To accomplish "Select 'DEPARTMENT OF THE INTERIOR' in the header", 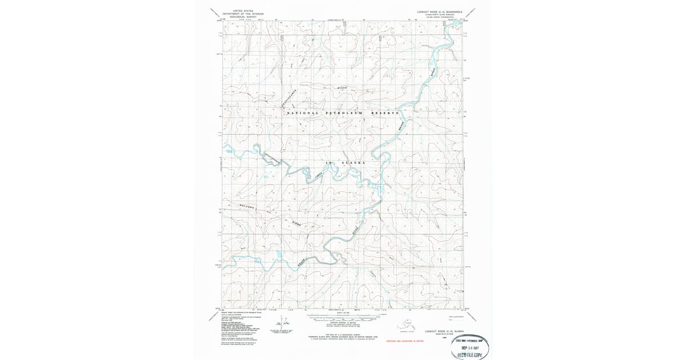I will point(243,14).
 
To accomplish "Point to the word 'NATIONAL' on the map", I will point(302,113).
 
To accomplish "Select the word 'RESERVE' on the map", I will point(384,113).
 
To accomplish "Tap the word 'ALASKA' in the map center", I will point(353,163).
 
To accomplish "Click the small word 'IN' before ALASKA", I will point(328,163).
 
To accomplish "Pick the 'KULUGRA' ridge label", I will point(242,206).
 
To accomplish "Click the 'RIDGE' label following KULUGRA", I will point(297,222).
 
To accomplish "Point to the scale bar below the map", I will point(343,315).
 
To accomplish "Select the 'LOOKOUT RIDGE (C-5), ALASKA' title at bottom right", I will point(443,331).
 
